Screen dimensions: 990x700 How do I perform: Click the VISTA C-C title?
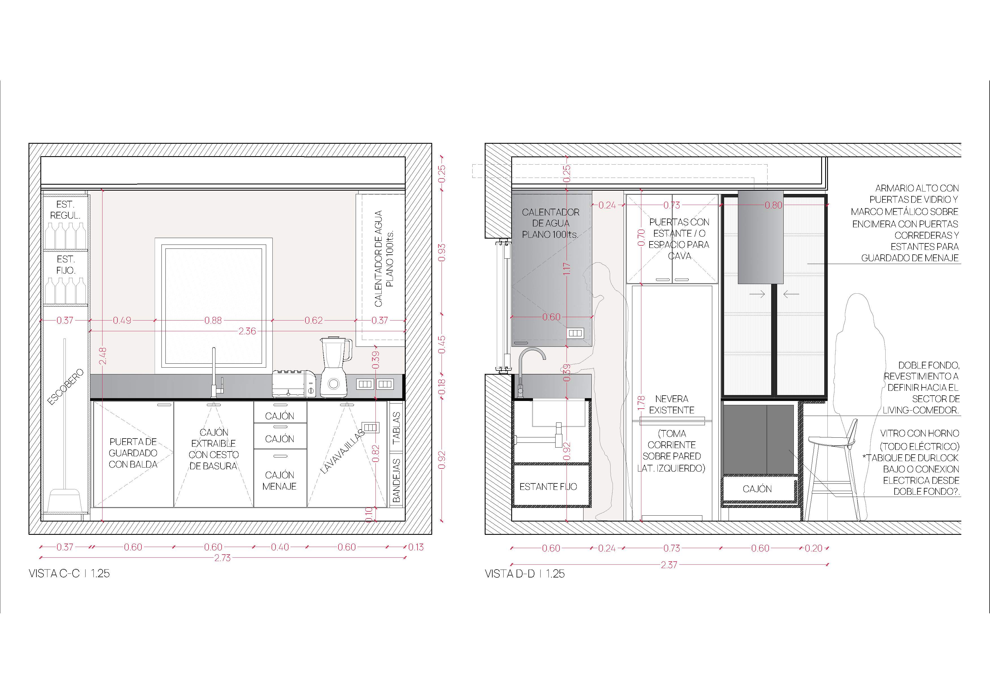coord(69,573)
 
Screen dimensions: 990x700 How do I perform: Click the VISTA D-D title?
coord(524,573)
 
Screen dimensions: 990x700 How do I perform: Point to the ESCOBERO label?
coord(65,387)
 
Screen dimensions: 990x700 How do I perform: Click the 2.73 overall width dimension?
coord(222,558)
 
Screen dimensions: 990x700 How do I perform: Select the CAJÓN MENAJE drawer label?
coord(279,481)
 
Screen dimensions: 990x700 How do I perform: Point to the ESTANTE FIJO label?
coord(548,487)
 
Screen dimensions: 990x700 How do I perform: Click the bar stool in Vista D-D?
coord(831,470)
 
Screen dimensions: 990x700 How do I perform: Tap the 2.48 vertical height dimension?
coord(103,356)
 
